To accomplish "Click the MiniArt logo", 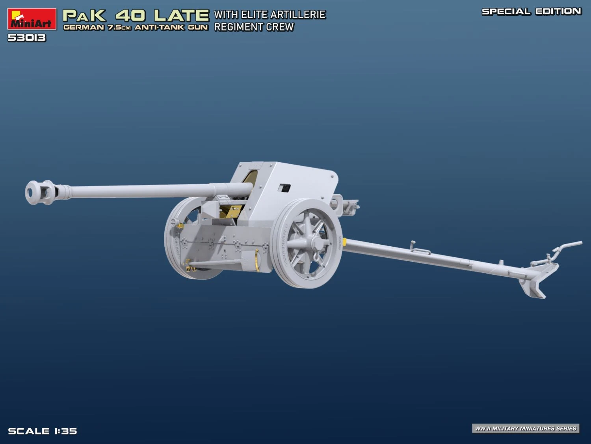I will (32, 19).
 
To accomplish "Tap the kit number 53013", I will (27, 38).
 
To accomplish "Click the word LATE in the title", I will (181, 15).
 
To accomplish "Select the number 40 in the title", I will (130, 15).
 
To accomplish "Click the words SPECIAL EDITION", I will (531, 11).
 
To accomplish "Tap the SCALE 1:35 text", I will (43, 431).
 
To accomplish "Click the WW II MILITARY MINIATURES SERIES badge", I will (526, 428).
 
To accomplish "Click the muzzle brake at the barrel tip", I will (40, 192).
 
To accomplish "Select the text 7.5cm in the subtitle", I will (119, 28).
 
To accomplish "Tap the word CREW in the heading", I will (280, 27).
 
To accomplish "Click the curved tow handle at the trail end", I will (567, 246).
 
